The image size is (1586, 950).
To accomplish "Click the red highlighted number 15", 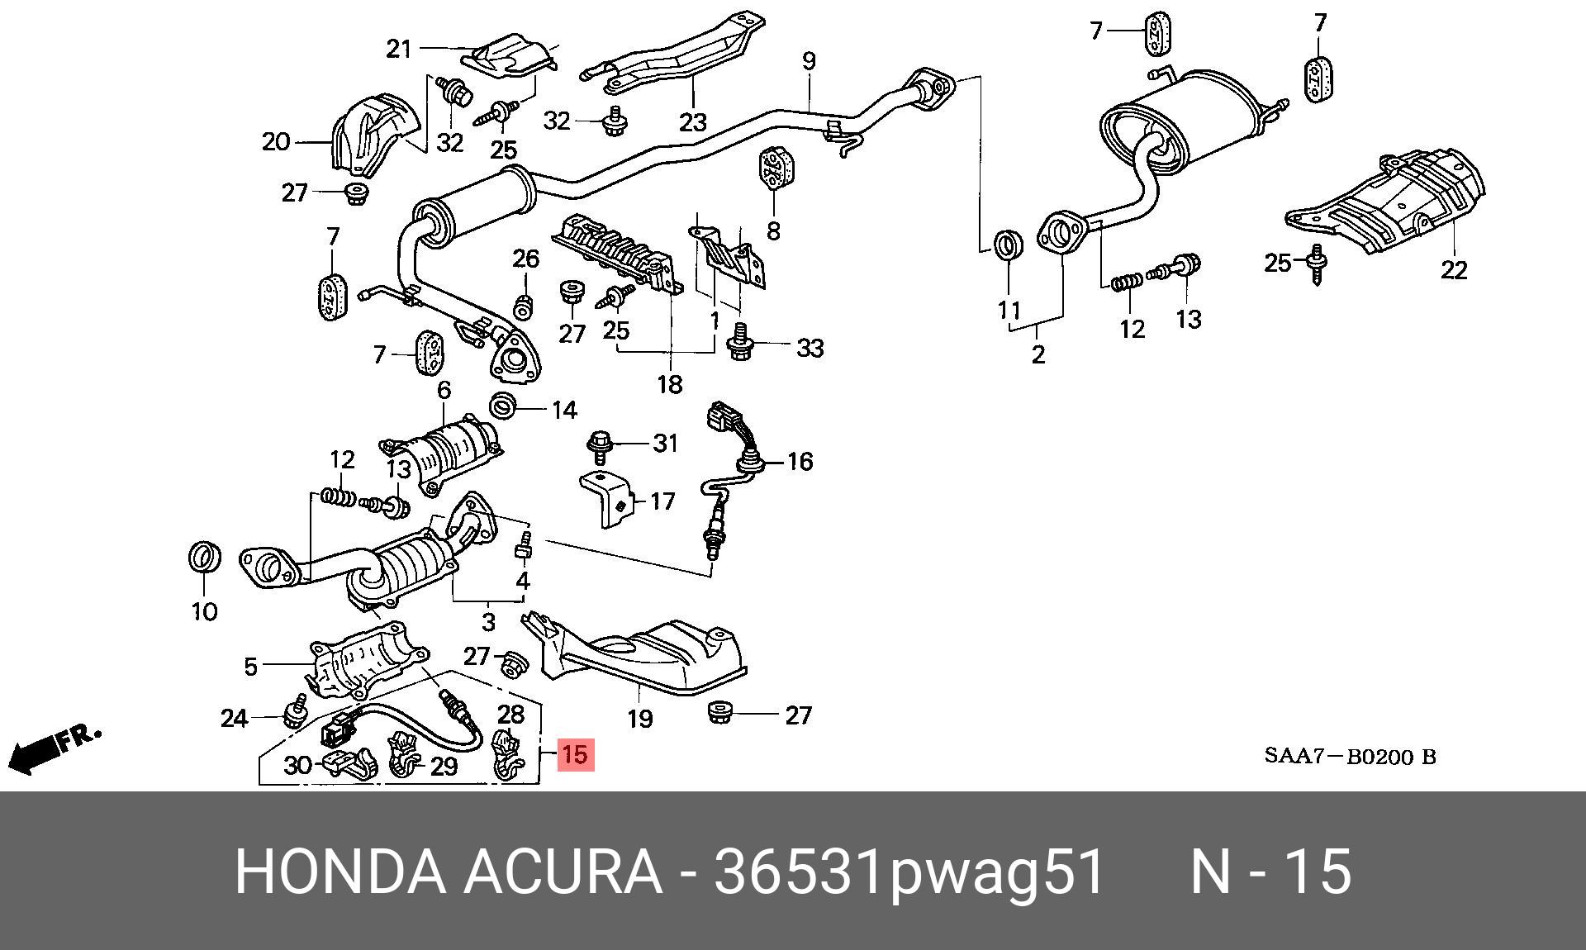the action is coord(575,754).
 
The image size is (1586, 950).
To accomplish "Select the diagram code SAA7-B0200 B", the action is coord(1350,757).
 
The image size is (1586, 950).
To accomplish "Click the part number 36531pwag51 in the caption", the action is coord(909,872).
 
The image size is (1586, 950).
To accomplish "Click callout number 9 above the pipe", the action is coord(809,61).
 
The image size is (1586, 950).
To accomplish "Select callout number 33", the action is coord(810,348).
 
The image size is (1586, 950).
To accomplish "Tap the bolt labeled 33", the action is coord(739,341).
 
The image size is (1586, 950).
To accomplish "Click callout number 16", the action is coord(800,461).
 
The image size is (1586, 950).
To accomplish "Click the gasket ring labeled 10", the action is coord(205,558).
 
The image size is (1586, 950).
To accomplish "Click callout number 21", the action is coord(399,49).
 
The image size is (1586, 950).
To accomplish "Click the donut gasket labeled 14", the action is coord(503,406).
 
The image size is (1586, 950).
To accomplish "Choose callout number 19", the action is coord(640,719).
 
